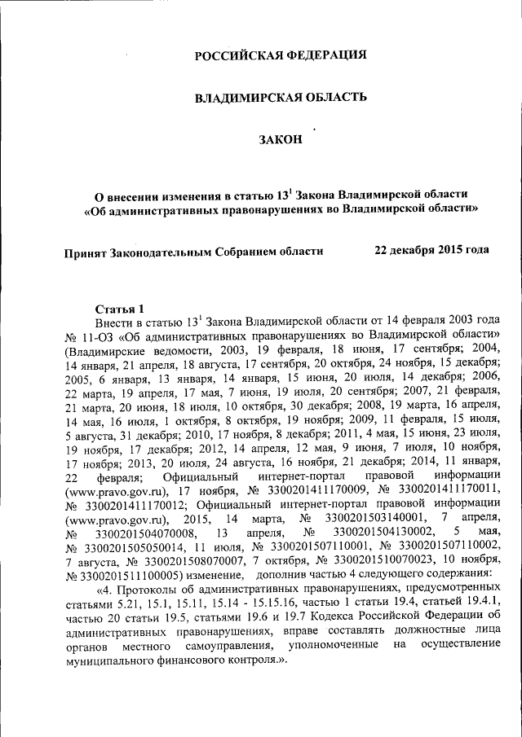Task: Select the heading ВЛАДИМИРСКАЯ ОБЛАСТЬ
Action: point(280,98)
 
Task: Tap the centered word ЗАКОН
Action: point(280,139)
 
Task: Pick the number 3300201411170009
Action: point(310,491)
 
